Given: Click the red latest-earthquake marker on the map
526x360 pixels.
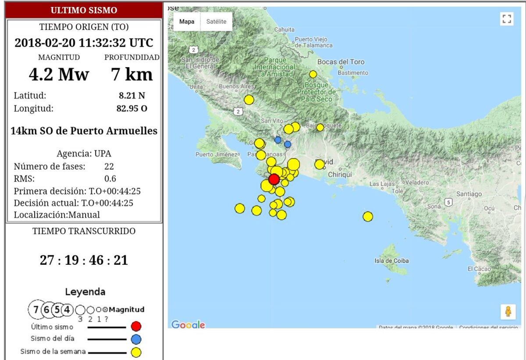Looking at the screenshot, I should pos(274,179).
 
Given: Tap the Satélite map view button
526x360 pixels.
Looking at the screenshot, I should pos(216,21).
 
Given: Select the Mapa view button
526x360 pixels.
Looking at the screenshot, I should pos(187,21).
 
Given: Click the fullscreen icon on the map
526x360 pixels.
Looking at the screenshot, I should pos(507,19).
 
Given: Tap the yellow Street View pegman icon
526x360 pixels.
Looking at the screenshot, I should pos(508,311).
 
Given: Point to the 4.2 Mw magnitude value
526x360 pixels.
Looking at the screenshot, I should pos(58,75).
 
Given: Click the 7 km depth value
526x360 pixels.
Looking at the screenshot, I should pos(131,75).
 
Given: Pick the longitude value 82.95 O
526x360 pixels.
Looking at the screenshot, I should pos(131,108).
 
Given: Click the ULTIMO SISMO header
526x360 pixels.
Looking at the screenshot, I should pos(84,10).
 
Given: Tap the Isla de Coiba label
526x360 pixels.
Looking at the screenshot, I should pos(391,261).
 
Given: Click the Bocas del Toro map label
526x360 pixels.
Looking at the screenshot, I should pos(341,62).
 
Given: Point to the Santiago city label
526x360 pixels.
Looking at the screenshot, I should pos(469,194).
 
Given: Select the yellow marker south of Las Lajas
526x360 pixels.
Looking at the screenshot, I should pos(368,217).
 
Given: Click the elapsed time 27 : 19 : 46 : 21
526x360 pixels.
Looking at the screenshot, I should pos(84,260).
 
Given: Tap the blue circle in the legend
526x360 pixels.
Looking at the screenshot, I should pos(136,339).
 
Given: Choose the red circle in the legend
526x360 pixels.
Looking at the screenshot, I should pos(136,326).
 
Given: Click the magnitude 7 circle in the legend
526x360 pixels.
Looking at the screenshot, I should pos(36,310).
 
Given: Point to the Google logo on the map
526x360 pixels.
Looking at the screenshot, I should pos(188,325).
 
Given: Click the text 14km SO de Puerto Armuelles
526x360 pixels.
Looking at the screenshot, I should pos(84,131).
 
